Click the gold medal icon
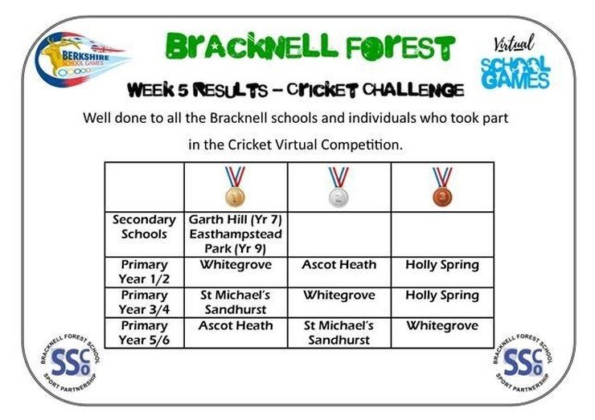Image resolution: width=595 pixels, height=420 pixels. [x=236, y=186]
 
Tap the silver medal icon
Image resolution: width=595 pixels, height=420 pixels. [x=339, y=186]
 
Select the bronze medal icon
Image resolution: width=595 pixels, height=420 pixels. [x=442, y=186]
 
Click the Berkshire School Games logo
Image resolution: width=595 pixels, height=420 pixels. [x=81, y=59]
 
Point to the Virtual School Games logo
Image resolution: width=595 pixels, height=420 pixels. [x=515, y=63]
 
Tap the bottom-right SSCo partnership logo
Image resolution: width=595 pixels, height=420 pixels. [x=523, y=362]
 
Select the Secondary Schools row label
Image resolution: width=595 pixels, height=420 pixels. [x=144, y=226]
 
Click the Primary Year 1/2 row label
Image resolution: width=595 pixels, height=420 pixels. [x=144, y=271]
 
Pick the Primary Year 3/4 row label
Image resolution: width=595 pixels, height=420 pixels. [x=144, y=302]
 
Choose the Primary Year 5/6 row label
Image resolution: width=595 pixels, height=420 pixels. [x=144, y=332]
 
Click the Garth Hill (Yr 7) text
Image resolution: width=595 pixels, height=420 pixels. [x=236, y=220]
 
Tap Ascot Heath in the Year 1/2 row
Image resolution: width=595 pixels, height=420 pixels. [x=339, y=264]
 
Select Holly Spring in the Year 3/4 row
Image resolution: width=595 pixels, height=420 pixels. [x=442, y=296]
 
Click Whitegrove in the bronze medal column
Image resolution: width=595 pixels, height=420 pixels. [x=442, y=325]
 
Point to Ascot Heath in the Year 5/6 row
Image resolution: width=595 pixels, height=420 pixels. [x=236, y=325]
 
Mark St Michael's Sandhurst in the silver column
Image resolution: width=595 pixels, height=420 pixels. [x=339, y=332]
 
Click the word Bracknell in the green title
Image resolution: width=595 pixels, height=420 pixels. [x=251, y=47]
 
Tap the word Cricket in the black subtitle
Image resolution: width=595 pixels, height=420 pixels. [x=322, y=90]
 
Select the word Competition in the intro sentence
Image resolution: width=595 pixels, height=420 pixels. [x=362, y=145]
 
